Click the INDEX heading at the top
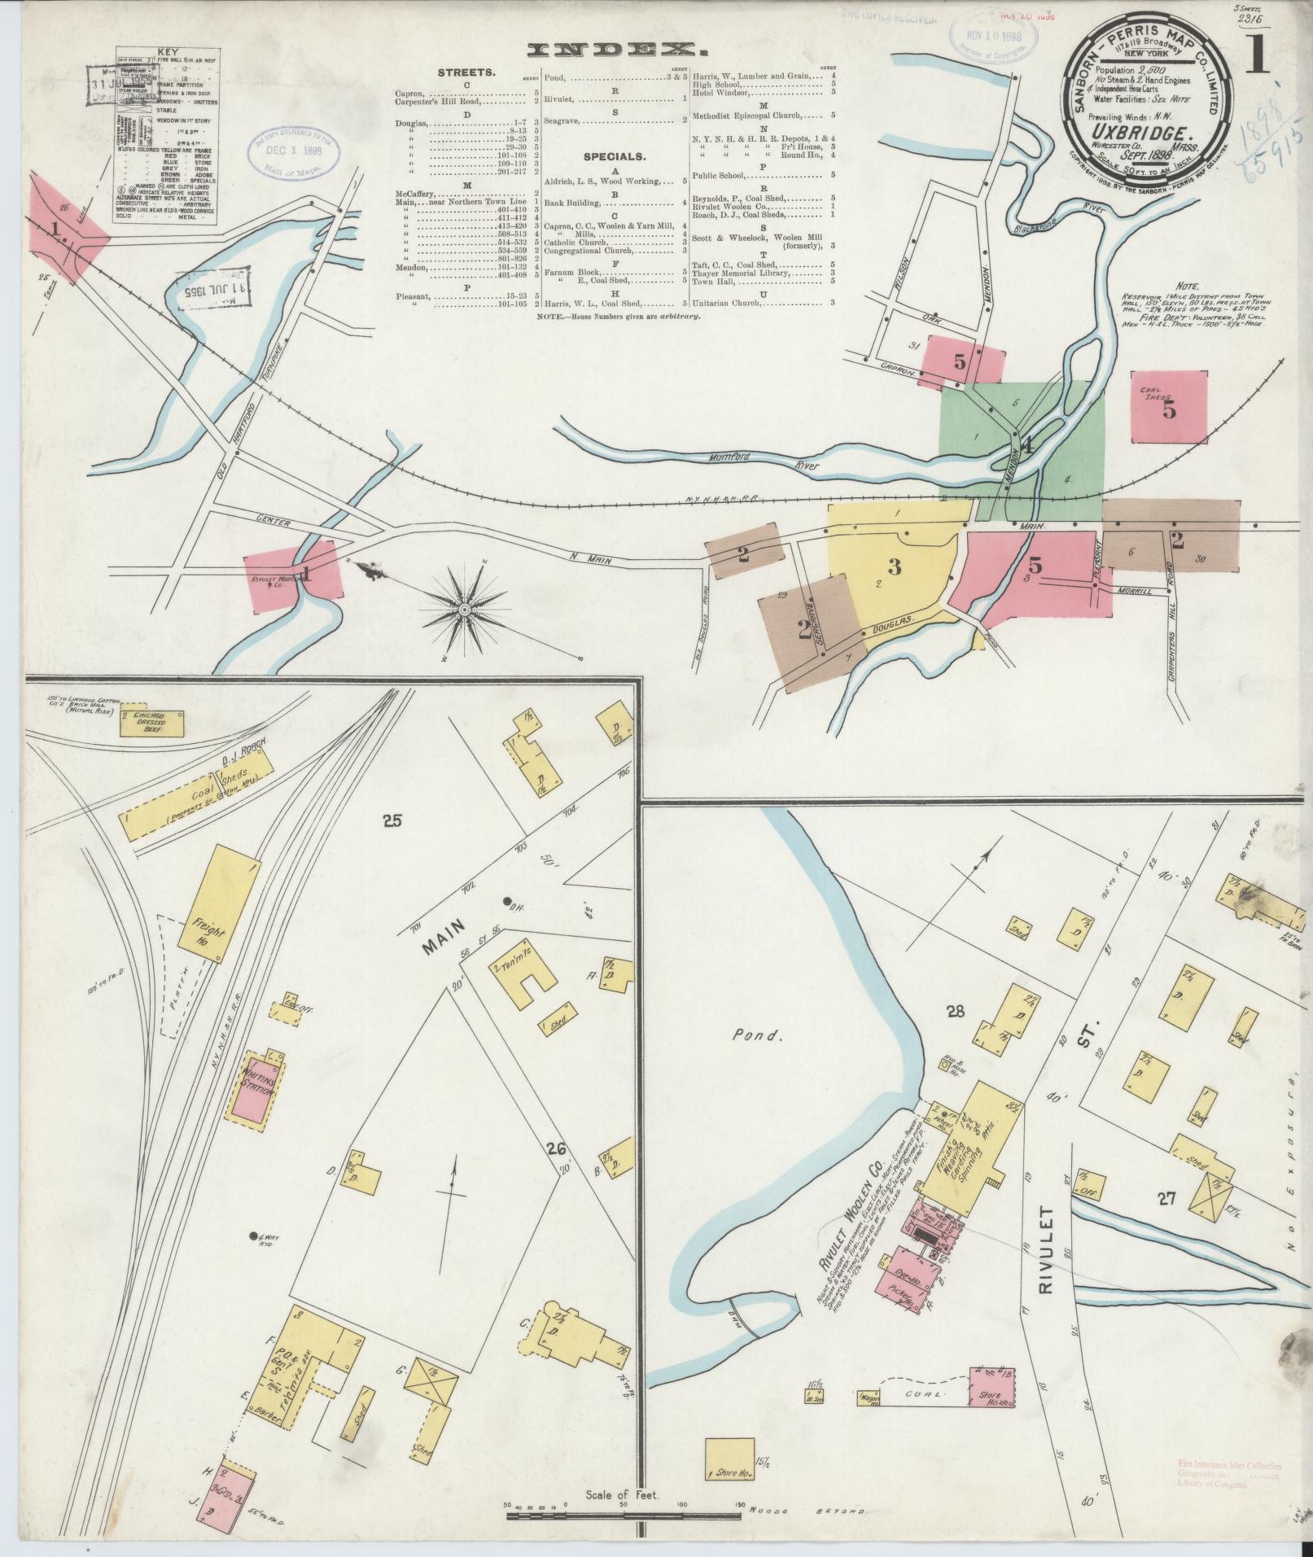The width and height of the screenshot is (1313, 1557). pyautogui.click(x=613, y=50)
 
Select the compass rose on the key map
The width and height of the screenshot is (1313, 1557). pyautogui.click(x=464, y=608)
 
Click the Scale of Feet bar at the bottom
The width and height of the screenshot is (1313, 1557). pyautogui.click(x=623, y=1514)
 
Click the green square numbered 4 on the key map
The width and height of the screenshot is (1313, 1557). pyautogui.click(x=1027, y=447)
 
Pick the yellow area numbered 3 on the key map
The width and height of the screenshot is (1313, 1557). pyautogui.click(x=894, y=566)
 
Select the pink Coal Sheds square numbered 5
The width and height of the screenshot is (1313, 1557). pyautogui.click(x=1168, y=408)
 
